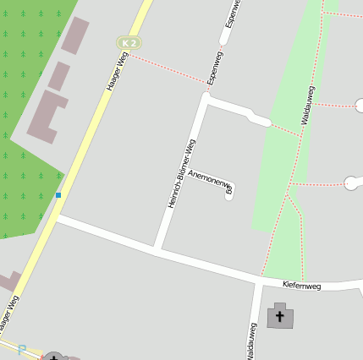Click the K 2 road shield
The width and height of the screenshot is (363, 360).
pyautogui.click(x=129, y=42)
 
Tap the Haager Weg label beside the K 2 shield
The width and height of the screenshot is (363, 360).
pyautogui.click(x=116, y=71)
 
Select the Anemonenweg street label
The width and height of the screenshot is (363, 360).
pyautogui.click(x=210, y=181)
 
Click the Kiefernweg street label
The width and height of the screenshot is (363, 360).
pyautogui.click(x=302, y=286)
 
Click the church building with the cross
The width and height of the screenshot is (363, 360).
pyautogui.click(x=281, y=317)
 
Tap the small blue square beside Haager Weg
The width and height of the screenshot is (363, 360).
pyautogui.click(x=58, y=195)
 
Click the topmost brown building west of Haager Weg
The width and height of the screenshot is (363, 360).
pyautogui.click(x=75, y=35)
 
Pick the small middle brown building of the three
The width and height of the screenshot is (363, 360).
pyautogui.click(x=58, y=76)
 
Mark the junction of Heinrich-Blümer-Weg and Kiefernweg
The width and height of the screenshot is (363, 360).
pyautogui.click(x=158, y=248)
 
